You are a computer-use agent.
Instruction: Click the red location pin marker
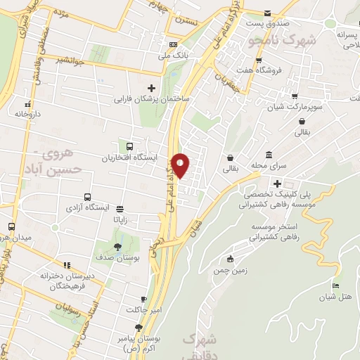[181, 165]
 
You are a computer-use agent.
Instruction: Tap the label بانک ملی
[174, 54]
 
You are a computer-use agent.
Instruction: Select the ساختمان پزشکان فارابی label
[152, 99]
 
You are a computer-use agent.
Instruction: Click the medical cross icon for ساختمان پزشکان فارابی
[152, 87]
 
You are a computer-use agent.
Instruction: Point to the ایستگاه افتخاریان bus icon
[129, 146]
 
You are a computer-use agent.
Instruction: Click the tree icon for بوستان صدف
[117, 247]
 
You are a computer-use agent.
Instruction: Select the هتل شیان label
[336, 297]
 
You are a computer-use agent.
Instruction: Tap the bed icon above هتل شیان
[335, 285]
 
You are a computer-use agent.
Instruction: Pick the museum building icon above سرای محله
[269, 155]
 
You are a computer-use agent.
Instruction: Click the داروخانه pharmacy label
[29, 113]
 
